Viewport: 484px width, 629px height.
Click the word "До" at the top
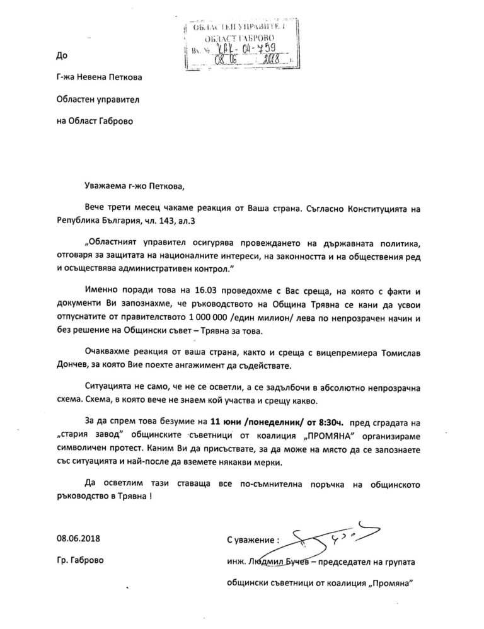point(60,56)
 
